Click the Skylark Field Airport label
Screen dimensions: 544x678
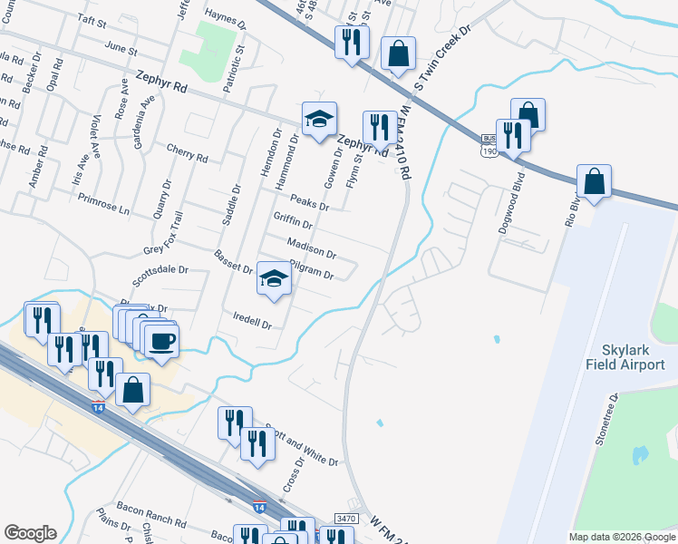[x=633, y=358]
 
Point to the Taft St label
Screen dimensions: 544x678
[x=92, y=18]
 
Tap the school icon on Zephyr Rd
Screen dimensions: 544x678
[x=319, y=119]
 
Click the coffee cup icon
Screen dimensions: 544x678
[x=161, y=342]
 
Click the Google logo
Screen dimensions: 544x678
[x=30, y=533]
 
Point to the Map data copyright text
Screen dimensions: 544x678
[x=621, y=537]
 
